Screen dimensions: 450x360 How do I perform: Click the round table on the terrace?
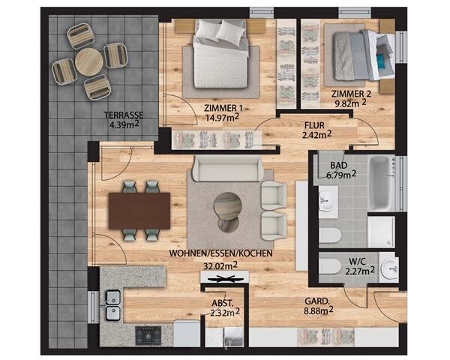coord(89,61)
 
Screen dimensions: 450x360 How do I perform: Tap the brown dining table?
coord(139,211)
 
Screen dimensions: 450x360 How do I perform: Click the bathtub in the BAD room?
coord(379,183)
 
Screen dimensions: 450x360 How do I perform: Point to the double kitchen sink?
coord(112,305)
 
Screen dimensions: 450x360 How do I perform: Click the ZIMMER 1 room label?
coord(223,108)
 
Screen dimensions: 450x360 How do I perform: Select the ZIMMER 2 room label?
coord(351,94)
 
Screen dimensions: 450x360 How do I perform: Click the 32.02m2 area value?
coord(220,265)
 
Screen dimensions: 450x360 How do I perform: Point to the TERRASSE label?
coord(124,115)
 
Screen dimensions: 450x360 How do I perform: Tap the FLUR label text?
coord(314,125)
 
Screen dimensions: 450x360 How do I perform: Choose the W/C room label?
coord(357,262)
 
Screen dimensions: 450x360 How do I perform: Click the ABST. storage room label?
coord(223,303)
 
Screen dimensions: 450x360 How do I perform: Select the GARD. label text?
coord(316,301)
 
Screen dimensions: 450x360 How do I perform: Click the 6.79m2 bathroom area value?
coord(341,174)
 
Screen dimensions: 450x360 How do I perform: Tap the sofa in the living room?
coord(227,169)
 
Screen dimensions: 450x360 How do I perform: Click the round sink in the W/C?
coord(390,268)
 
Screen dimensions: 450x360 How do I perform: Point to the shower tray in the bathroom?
coord(382,232)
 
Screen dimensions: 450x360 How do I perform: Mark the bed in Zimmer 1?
coord(220,55)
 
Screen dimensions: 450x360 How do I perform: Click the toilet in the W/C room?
coord(329,266)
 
